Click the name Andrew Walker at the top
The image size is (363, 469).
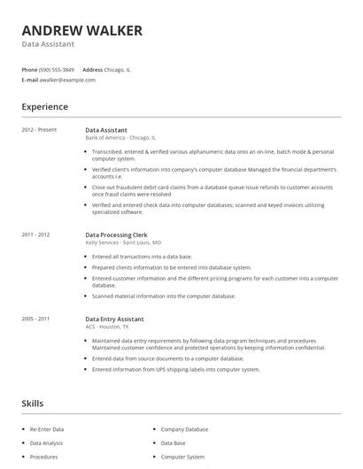tap(81, 30)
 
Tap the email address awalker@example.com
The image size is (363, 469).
tap(68, 80)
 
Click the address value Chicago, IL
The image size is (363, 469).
tap(119, 69)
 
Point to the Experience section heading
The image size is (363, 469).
tap(44, 107)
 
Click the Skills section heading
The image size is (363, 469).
tap(32, 404)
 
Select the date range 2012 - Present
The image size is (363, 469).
tap(39, 130)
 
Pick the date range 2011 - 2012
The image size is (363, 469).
tap(35, 234)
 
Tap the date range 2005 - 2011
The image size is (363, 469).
tap(35, 319)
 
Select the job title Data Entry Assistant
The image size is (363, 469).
tap(114, 319)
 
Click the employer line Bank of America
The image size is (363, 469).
tap(120, 138)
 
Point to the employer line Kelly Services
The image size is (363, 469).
tap(123, 242)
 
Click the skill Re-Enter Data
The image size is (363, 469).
tap(47, 429)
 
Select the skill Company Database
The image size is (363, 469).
tap(184, 429)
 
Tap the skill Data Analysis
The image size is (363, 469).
tap(46, 443)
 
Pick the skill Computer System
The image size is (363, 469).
tap(182, 457)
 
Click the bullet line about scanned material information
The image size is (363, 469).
tap(164, 296)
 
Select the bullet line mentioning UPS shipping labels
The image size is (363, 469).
tap(176, 369)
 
